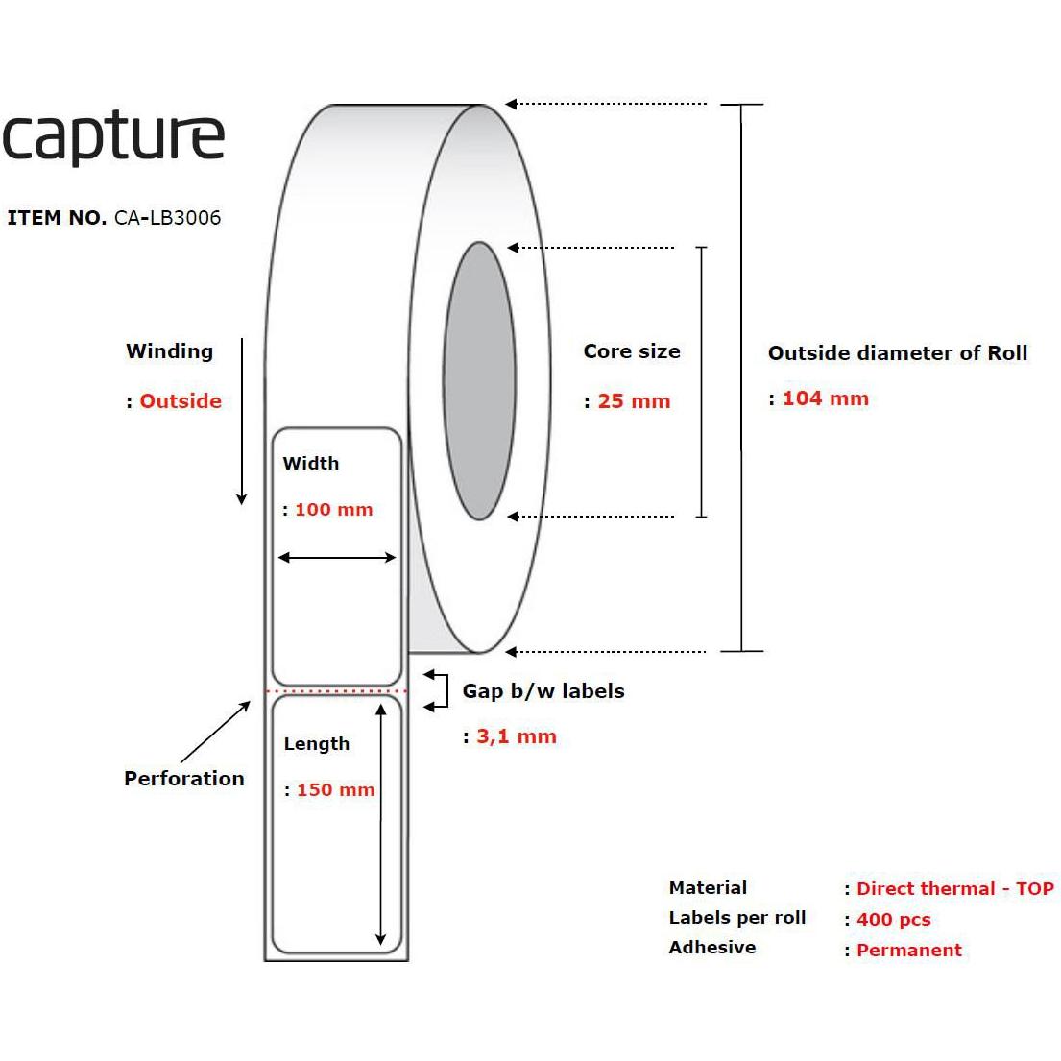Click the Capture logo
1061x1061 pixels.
[x=113, y=137]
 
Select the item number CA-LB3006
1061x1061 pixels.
[x=167, y=218]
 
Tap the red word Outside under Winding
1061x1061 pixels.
[x=181, y=401]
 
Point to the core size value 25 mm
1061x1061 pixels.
[x=634, y=401]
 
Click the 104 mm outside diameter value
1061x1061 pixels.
[x=826, y=398]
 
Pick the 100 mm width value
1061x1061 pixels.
[x=333, y=510]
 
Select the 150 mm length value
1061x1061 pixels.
[x=336, y=789]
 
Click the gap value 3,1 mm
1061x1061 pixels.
[x=517, y=736]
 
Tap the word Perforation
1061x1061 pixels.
[x=184, y=778]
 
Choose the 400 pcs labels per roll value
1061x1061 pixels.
[x=894, y=920]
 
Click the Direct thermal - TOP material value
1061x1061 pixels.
[x=955, y=888]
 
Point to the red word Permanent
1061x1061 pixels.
[x=908, y=950]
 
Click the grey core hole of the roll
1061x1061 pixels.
[x=480, y=381]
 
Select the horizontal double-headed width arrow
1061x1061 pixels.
[x=337, y=558]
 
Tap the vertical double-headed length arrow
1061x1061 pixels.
[x=381, y=824]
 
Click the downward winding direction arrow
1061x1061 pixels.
[x=242, y=422]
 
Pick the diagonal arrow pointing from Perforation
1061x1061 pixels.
[x=215, y=733]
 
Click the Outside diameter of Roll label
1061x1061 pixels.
[x=898, y=353]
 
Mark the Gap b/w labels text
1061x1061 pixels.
[x=543, y=691]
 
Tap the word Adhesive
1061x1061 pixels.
[x=712, y=948]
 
